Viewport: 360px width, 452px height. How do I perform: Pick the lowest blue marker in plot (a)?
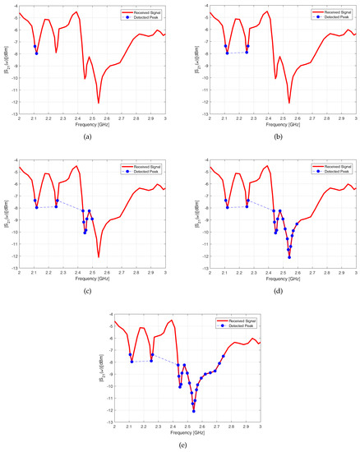(x=37, y=53)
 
